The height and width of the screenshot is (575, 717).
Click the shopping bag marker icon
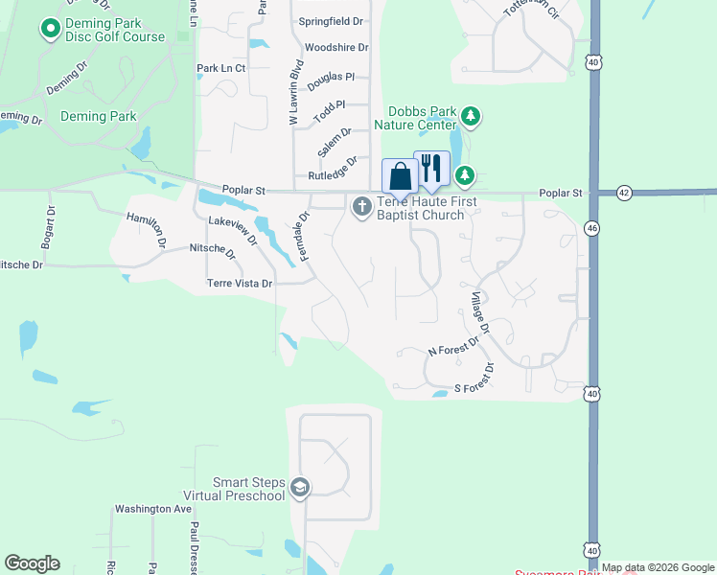point(400,177)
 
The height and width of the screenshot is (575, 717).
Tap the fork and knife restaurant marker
point(431,169)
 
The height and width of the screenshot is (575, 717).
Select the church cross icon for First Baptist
point(362,206)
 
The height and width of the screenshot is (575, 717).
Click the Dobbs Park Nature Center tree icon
point(471,117)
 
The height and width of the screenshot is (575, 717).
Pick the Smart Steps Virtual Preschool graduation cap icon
point(300,489)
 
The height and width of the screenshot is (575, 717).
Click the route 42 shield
point(624,193)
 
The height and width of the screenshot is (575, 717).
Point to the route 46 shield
point(592,228)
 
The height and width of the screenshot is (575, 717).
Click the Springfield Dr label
point(331,21)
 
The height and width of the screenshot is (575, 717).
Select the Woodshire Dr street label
point(335,47)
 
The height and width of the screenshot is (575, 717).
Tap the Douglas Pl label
point(331,77)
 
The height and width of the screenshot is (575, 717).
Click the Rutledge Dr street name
point(333,170)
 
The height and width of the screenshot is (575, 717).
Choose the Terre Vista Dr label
point(240,284)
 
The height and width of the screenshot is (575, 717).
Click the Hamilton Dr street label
point(147,231)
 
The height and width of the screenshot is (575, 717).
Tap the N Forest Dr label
point(452,352)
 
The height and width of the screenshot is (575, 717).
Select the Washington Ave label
point(153,509)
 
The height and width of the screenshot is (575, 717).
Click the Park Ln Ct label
point(221,69)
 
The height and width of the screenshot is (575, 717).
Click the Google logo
point(32,563)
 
